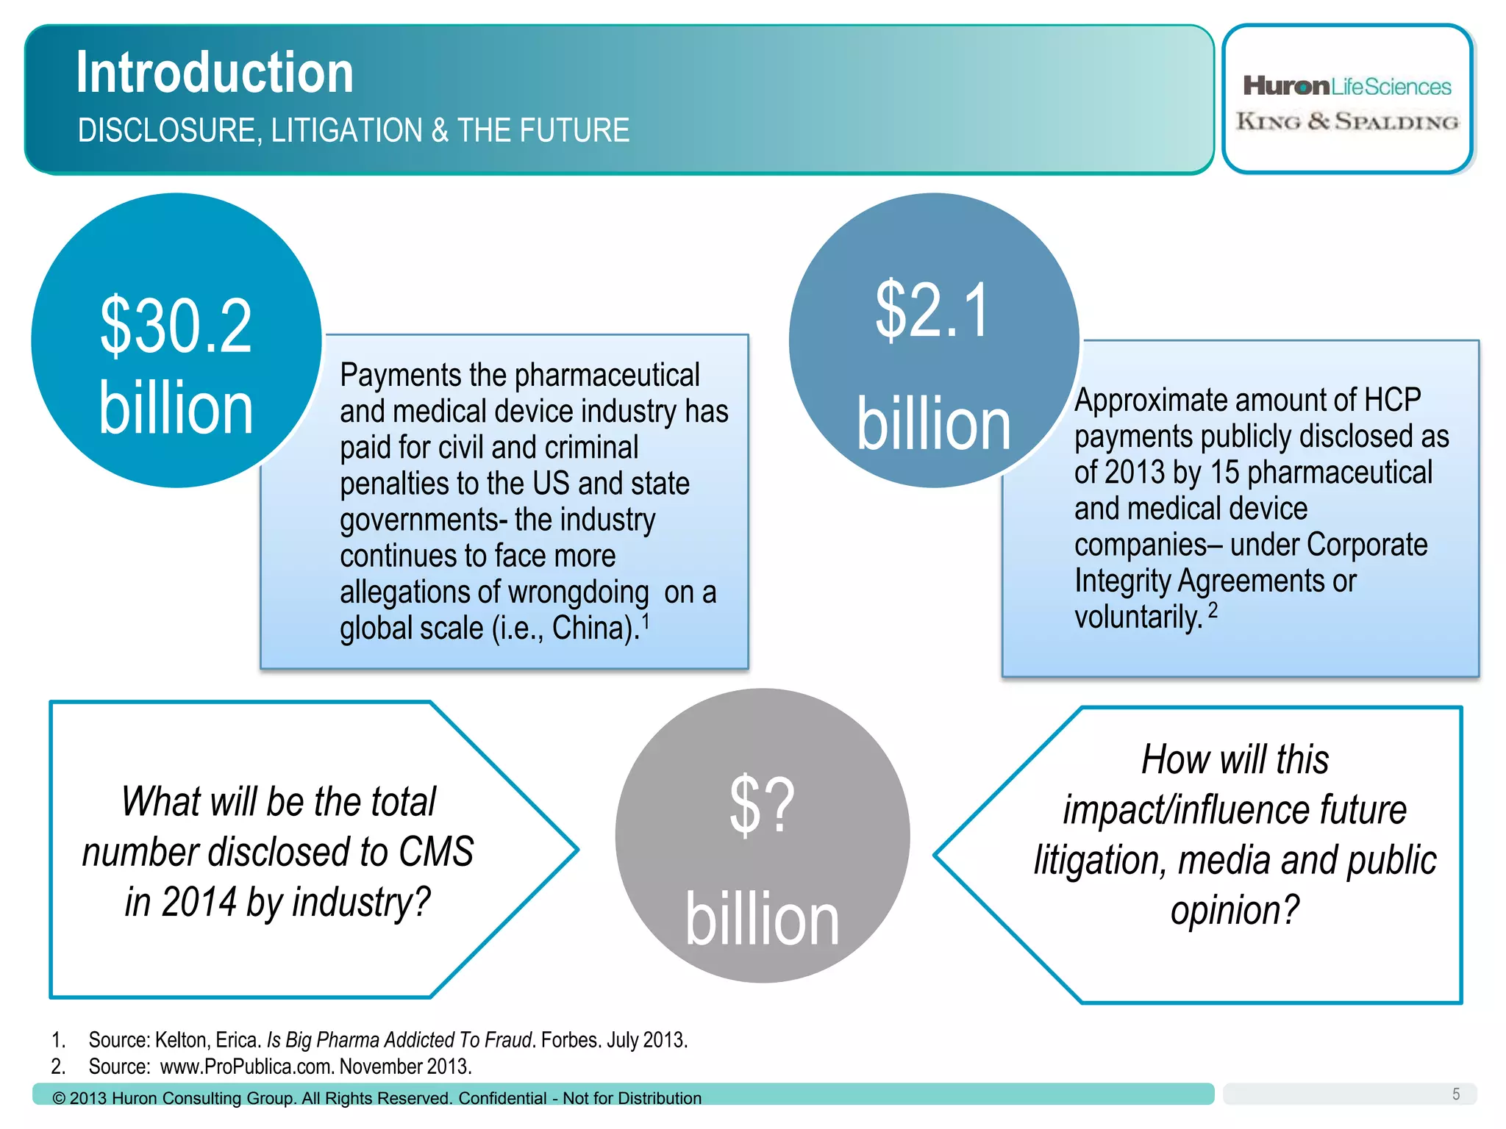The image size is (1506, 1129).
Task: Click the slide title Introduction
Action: tap(215, 73)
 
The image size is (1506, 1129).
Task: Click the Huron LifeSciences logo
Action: tap(1346, 87)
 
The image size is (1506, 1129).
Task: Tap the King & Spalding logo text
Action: tap(1347, 121)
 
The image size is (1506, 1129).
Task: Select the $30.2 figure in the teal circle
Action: tap(176, 326)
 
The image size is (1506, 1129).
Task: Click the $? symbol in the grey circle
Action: tap(762, 806)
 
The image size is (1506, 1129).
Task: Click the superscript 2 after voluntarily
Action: tap(1213, 610)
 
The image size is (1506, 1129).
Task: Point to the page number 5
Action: tap(1455, 1094)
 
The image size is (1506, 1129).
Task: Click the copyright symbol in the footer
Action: tap(59, 1098)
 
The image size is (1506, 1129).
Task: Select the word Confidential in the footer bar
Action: tap(502, 1098)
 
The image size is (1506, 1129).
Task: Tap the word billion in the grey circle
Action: tap(762, 920)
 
